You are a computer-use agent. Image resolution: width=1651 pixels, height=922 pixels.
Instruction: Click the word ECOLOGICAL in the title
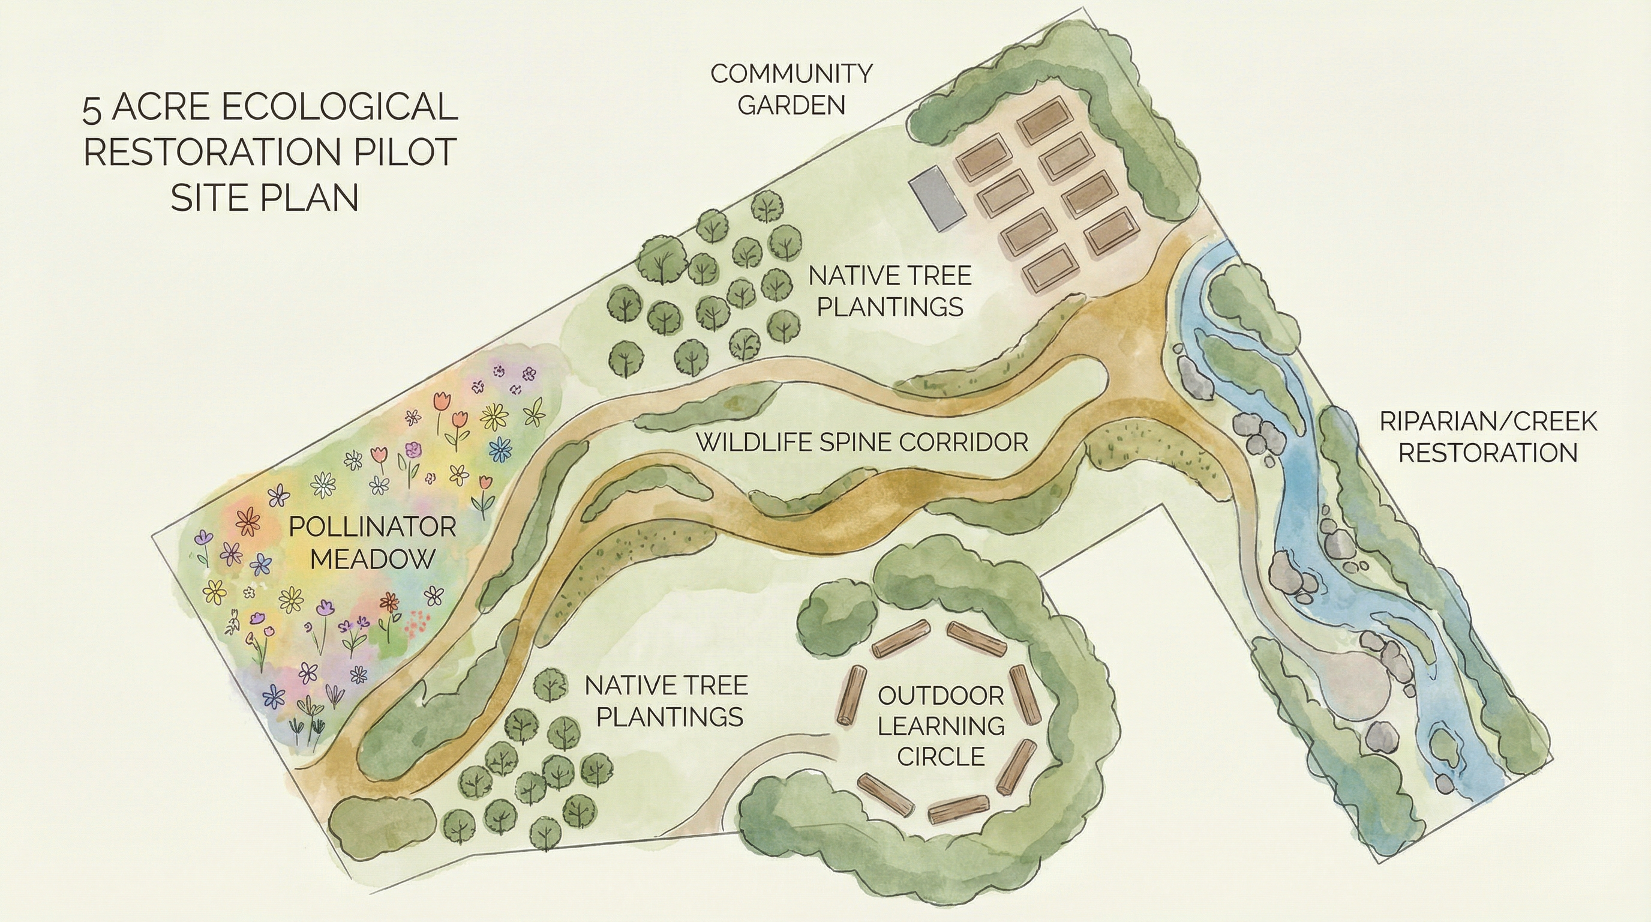(349, 106)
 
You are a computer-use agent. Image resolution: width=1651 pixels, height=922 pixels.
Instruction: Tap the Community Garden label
(791, 89)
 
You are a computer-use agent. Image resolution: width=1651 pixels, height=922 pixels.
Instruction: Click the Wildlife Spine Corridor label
(862, 442)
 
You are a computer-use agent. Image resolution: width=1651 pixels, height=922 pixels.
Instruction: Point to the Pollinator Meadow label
(373, 543)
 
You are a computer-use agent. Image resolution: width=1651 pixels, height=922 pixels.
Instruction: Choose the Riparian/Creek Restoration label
(1488, 437)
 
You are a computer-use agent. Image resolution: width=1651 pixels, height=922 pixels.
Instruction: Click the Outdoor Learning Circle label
(941, 726)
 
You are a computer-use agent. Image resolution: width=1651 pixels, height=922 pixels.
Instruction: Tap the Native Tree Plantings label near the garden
(890, 291)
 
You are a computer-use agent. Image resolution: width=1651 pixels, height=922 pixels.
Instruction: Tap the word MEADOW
(373, 559)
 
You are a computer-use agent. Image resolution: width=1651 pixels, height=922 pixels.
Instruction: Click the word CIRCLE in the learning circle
(941, 756)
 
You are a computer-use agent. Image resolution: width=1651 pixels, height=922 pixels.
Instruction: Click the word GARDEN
(791, 104)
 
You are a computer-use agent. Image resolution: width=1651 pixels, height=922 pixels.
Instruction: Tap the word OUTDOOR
(941, 695)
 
